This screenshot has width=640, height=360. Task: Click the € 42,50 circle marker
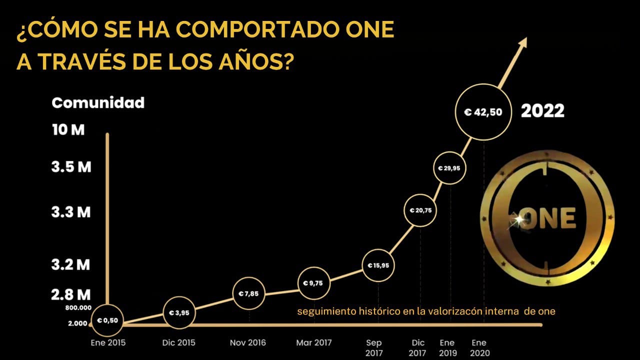click(483, 112)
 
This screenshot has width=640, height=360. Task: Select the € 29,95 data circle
click(449, 168)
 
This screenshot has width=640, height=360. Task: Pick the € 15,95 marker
click(378, 265)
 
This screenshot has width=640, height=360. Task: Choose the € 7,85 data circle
click(249, 293)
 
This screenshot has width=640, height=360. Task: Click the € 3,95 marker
click(179, 313)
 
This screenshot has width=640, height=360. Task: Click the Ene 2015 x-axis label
click(108, 343)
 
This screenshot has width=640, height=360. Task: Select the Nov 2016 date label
click(248, 343)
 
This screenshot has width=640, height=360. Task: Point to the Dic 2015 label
click(178, 343)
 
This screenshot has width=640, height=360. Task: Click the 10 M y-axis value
click(68, 130)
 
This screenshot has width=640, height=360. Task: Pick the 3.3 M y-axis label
click(71, 212)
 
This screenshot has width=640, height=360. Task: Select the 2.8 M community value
click(71, 294)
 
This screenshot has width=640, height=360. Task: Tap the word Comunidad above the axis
click(98, 103)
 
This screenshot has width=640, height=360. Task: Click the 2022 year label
click(542, 111)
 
